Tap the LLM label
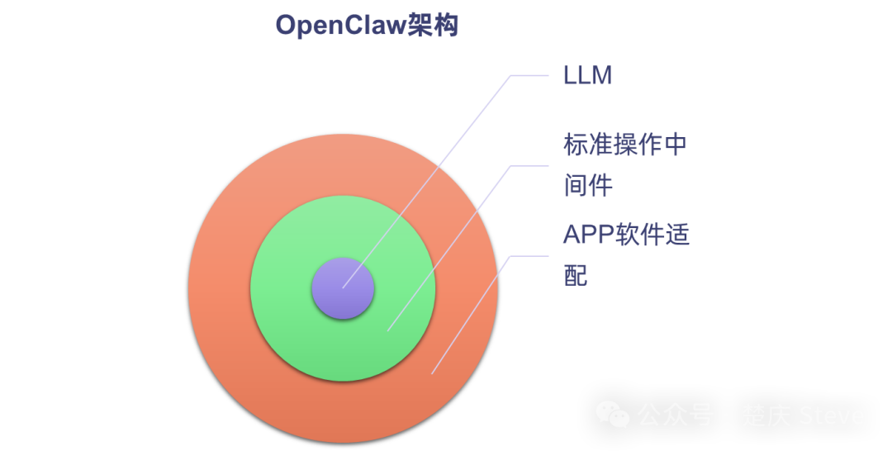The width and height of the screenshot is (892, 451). coord(587,76)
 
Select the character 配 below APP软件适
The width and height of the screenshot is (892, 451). coord(576,274)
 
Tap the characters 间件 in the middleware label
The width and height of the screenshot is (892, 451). coord(588,186)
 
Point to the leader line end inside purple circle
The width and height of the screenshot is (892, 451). coord(343,287)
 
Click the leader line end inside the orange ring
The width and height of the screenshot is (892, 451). coord(432,373)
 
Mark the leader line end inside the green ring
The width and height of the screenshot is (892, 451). coord(387,330)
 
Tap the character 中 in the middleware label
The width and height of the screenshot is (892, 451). coord(675,145)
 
